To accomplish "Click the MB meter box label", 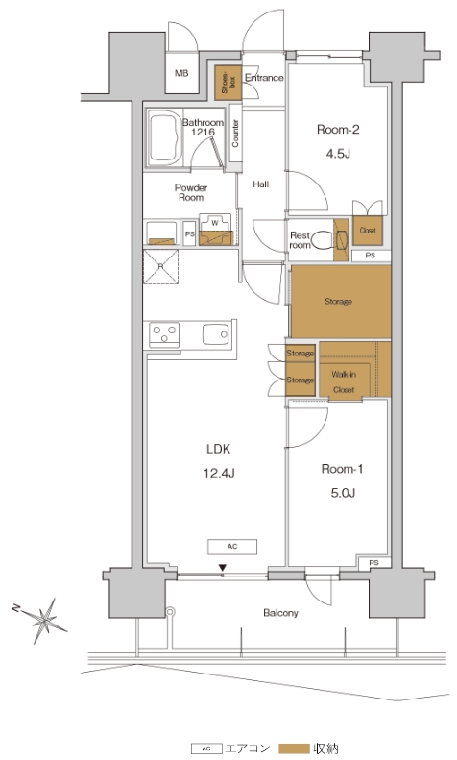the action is tap(181, 74).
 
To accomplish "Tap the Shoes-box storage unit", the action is tap(228, 83).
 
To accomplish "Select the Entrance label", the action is tap(264, 78).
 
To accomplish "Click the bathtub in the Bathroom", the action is tap(164, 138).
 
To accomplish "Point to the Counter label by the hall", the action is tap(235, 134).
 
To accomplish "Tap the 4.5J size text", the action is tap(338, 154).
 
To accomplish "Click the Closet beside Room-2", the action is tap(368, 231).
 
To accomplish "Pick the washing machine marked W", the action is tap(215, 230).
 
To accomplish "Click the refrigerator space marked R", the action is tap(160, 266).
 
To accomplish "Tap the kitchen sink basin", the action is tap(215, 334).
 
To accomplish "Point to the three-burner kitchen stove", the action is tap(164, 334).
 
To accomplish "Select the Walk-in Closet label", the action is tap(344, 382).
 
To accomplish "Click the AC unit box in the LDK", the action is tap(232, 547).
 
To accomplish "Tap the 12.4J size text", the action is tap(219, 473).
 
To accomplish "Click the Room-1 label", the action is tap(342, 469).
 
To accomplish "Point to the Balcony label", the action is tap(280, 613).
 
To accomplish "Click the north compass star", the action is tap(43, 620).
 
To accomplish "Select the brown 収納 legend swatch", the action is tap(294, 748).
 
